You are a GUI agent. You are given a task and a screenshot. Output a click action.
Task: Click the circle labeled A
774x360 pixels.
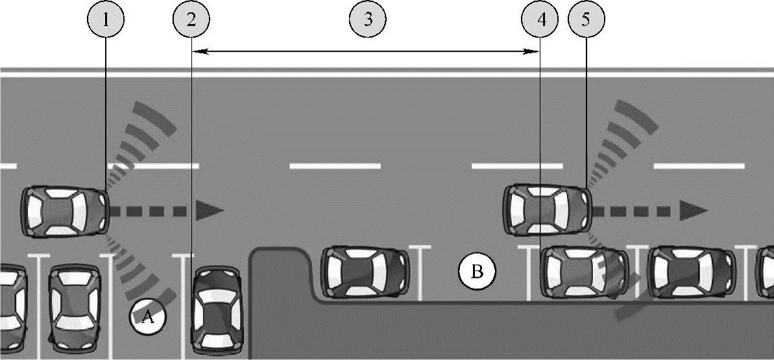tap(147, 317)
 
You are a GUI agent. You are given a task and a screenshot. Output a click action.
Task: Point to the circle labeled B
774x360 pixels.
tap(477, 271)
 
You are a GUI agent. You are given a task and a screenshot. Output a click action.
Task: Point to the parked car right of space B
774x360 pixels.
tap(584, 272)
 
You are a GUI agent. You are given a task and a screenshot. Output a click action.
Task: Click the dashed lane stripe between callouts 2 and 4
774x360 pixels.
tap(335, 167)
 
